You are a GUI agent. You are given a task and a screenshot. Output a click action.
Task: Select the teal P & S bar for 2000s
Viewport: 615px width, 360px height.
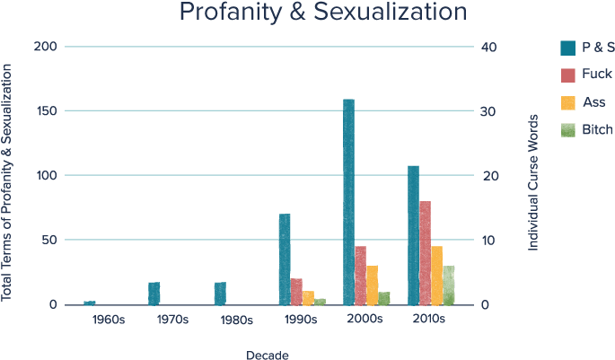pos(348,202)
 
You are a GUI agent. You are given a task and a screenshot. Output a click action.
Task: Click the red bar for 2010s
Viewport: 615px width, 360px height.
pos(425,252)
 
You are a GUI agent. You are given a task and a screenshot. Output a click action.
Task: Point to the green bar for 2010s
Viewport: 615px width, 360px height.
pos(448,285)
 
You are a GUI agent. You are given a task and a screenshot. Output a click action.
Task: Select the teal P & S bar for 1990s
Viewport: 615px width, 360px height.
pos(285,259)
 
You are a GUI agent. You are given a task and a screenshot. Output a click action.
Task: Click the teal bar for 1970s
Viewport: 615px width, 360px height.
pos(154,294)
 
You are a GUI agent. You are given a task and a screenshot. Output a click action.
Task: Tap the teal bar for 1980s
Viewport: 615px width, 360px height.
pos(220,294)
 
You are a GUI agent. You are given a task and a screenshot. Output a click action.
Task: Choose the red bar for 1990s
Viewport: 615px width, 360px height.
pos(296,291)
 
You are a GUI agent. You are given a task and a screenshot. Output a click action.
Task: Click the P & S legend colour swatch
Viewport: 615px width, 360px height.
pos(568,47)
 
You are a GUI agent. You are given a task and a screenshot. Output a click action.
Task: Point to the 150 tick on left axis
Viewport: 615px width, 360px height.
pos(45,111)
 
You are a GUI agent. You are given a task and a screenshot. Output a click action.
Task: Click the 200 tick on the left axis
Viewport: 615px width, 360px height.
pos(45,47)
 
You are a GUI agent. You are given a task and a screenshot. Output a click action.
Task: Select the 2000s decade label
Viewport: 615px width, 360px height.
pos(366,320)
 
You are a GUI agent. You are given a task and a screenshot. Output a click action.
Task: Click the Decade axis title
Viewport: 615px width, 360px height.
pos(268,354)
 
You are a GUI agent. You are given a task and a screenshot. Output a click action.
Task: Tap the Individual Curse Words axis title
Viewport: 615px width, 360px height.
pos(533,181)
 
